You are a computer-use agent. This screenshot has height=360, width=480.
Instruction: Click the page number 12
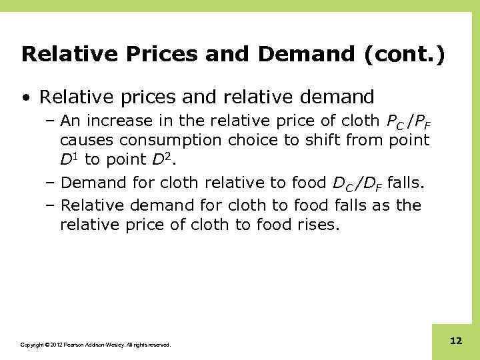click(x=456, y=341)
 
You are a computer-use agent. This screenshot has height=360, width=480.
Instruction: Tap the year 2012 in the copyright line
click(x=51, y=345)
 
